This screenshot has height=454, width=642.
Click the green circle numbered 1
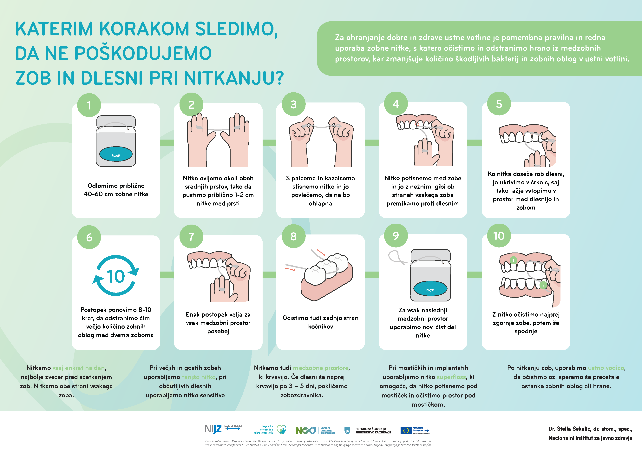[89, 105]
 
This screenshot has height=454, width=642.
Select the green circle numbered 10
[499, 236]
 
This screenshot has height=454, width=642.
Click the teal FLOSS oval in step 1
[116, 155]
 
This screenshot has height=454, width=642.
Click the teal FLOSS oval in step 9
[430, 289]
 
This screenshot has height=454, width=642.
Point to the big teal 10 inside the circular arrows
[116, 276]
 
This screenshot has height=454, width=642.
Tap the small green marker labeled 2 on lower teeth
[543, 285]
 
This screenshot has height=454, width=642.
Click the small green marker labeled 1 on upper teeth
[513, 260]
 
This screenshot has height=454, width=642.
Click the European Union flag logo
[406, 430]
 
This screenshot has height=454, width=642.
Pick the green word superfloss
[451, 377]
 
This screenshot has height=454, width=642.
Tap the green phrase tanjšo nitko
[199, 377]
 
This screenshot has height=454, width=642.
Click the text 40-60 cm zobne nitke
[116, 194]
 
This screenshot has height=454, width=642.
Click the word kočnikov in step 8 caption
[320, 326]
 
